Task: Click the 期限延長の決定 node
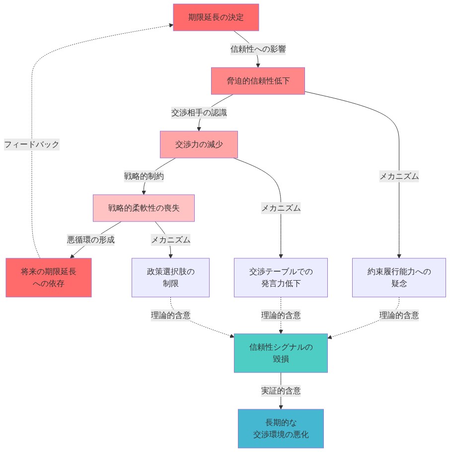tap(216, 17)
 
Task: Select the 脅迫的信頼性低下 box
tap(258, 81)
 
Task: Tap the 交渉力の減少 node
tap(199, 145)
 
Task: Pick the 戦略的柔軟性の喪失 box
tap(144, 208)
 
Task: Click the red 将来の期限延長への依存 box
tap(49, 278)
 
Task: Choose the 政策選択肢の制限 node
tap(170, 278)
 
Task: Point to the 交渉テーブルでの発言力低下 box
tap(281, 278)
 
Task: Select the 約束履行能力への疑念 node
tap(399, 278)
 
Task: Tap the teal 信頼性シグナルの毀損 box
tap(281, 353)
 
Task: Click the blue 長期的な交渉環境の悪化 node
tap(281, 429)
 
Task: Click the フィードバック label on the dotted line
tap(32, 145)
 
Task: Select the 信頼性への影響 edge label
tap(258, 49)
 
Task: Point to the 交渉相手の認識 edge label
tap(199, 113)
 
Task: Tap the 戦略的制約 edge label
tap(144, 176)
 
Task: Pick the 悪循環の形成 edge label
tap(91, 240)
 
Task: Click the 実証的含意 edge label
tap(281, 391)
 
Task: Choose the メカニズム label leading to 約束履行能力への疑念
tap(399, 176)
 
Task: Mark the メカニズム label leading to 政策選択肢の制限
tap(170, 240)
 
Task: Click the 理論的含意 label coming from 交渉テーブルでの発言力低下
tap(281, 315)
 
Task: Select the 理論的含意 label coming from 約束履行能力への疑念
tap(399, 315)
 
